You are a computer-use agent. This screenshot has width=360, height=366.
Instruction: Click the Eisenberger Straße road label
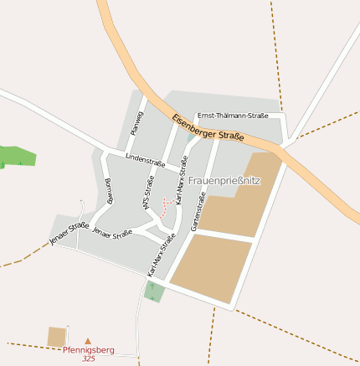click(x=208, y=126)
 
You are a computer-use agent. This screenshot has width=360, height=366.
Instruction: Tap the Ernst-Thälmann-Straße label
click(x=233, y=116)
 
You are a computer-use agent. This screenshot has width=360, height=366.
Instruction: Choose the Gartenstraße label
click(x=198, y=211)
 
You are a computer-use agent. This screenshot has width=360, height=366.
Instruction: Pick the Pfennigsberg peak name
click(x=88, y=350)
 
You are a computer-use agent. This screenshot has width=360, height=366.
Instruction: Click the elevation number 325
click(x=89, y=358)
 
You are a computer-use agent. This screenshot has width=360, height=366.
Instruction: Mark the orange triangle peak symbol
click(x=88, y=341)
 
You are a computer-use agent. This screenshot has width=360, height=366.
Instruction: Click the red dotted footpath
click(x=168, y=206)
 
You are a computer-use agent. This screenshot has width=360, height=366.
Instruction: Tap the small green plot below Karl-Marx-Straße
click(x=154, y=291)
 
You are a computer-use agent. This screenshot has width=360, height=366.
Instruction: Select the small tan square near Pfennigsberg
click(x=57, y=336)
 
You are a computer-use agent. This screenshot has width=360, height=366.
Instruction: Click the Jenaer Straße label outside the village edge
click(x=69, y=235)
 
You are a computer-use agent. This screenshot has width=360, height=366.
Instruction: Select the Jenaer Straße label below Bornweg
click(x=112, y=231)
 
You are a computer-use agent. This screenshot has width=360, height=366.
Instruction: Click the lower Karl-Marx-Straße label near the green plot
click(x=162, y=255)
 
